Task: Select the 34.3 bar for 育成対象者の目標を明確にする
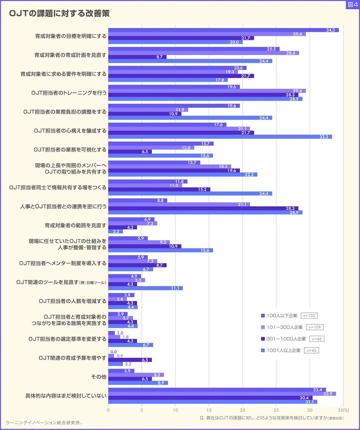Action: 223,30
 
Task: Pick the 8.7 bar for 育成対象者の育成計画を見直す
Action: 137,57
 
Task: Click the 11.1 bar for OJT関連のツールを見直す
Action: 145,288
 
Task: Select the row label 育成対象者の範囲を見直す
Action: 76,225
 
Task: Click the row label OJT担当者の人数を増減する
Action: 72,301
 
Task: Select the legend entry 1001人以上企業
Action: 281,350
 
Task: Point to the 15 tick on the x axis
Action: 209,410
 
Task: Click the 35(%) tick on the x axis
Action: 343,410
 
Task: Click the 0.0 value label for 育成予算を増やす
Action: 113,352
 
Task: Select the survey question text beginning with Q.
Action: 272,418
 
